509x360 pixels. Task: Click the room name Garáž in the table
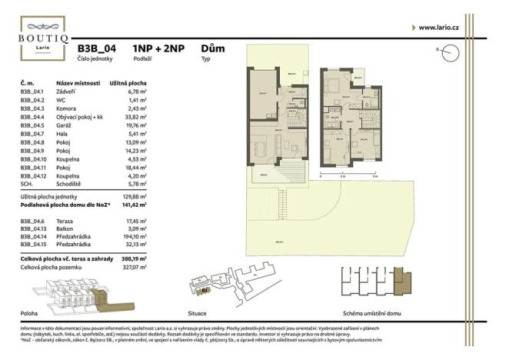(x=65, y=125)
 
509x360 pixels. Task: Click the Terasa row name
(x=66, y=221)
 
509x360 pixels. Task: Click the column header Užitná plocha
(x=128, y=82)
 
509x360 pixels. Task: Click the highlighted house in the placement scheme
(x=398, y=280)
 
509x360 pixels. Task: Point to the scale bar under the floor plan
(x=346, y=174)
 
